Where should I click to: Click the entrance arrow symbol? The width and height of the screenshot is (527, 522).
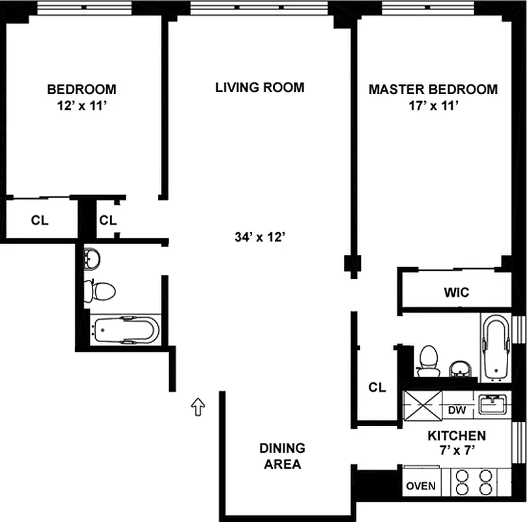click(x=198, y=407)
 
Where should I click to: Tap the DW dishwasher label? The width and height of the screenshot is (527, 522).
click(x=457, y=410)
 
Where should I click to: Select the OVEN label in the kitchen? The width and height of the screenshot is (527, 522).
click(x=421, y=486)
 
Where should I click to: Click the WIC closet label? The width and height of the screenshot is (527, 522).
click(x=457, y=292)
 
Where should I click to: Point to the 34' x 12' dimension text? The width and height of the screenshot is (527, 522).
click(x=260, y=238)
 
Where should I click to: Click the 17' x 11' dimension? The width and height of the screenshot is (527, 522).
click(x=434, y=106)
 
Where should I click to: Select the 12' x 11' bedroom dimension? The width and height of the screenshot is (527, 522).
click(x=81, y=106)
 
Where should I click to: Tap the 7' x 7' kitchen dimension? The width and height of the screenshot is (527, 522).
click(x=457, y=450)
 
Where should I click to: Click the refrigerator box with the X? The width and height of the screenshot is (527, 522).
click(x=423, y=406)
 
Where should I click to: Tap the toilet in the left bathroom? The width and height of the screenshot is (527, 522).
click(x=100, y=291)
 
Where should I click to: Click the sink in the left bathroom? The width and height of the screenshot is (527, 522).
click(x=91, y=258)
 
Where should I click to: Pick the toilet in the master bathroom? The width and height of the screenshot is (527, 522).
click(x=429, y=361)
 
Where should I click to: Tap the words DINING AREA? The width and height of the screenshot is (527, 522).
click(x=282, y=456)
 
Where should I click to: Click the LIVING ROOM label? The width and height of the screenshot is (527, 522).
click(x=260, y=87)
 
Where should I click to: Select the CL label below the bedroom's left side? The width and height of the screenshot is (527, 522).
click(x=40, y=221)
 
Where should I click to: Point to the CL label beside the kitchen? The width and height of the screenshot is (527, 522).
click(x=377, y=388)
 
